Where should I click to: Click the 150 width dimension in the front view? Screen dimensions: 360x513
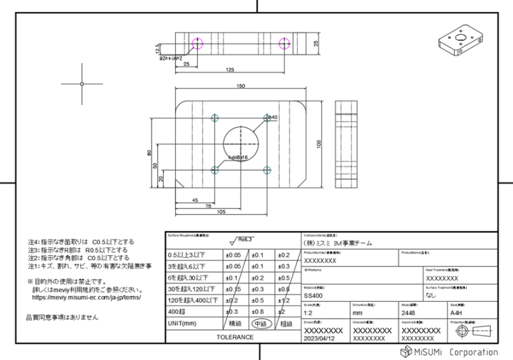pos(240,86)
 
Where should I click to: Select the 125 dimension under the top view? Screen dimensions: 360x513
pos(230,70)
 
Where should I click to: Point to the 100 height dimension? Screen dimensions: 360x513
pos(319,143)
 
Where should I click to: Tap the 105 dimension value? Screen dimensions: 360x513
pos(220,212)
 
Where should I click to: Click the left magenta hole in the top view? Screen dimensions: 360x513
pos(196,43)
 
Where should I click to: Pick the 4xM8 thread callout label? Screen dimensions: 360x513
pos(238,158)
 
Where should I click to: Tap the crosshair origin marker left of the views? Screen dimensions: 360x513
pos(81,84)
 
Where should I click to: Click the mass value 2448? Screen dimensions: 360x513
pos(409,312)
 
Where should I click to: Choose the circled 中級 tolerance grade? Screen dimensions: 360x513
pos(261,323)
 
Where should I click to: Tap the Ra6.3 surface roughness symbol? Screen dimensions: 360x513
pos(242,239)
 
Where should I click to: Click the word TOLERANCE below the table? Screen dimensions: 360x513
pos(234,337)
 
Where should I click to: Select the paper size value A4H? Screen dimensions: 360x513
pos(457,312)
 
